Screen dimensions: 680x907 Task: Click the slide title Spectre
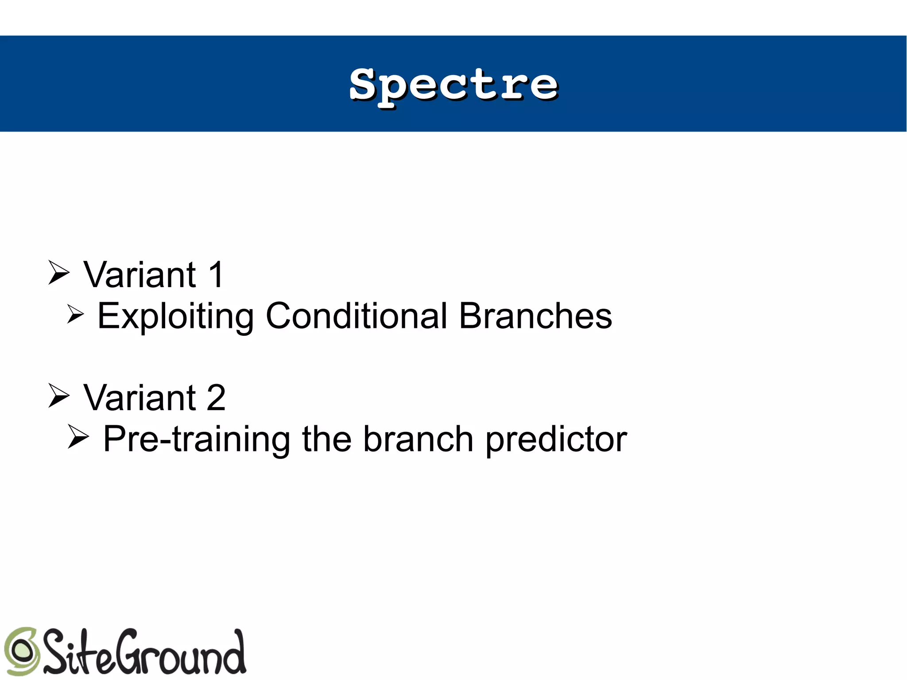(453, 85)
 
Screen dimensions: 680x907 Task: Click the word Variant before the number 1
(140, 275)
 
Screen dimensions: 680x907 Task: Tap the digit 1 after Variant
(216, 275)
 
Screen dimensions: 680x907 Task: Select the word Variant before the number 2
(140, 397)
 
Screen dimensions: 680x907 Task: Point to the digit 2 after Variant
(216, 397)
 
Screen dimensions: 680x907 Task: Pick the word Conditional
(357, 316)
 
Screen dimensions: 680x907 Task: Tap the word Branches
(535, 316)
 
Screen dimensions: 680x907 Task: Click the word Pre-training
(197, 439)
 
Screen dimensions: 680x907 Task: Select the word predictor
(556, 439)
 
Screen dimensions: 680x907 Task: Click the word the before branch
(327, 439)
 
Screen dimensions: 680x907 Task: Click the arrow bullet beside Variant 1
(59, 272)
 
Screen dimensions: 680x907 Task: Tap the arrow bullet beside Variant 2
(59, 395)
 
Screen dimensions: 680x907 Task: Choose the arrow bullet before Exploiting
(76, 314)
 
